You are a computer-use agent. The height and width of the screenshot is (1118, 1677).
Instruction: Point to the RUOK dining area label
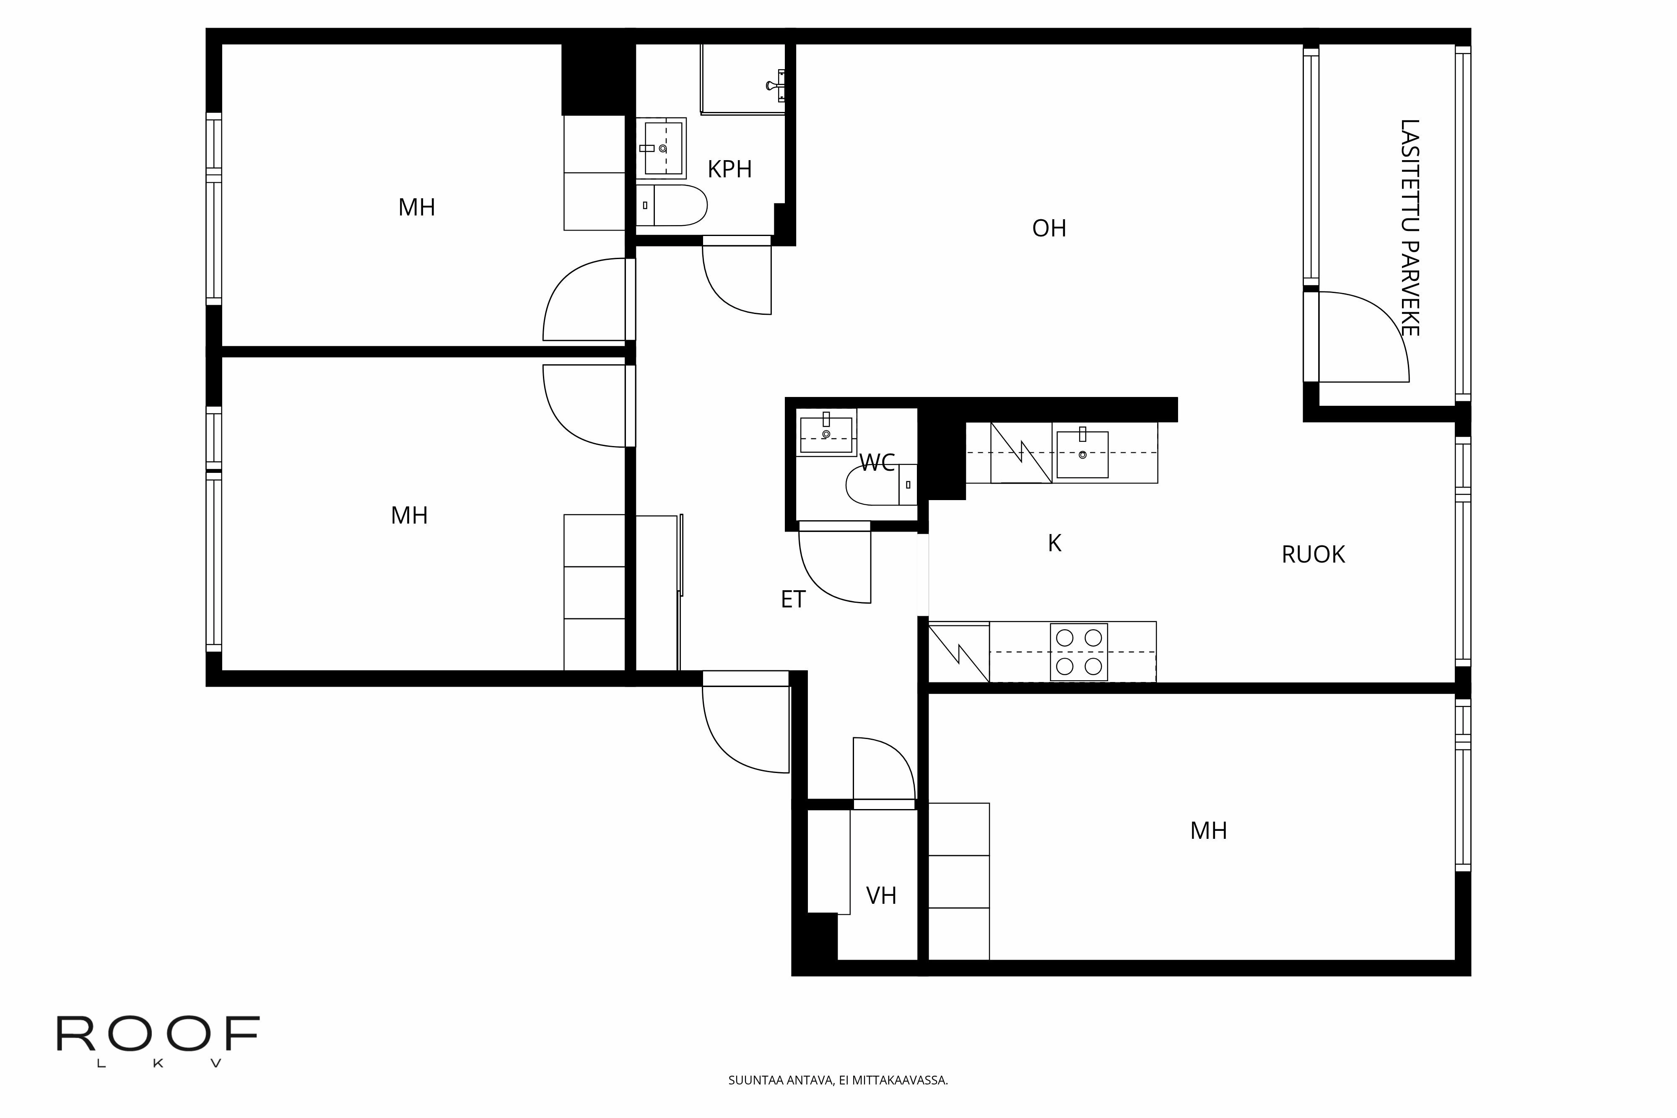coord(1313,555)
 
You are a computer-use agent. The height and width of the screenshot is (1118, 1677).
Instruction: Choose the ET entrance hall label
coord(793,599)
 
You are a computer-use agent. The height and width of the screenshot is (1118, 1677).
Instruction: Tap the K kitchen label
coord(1054,543)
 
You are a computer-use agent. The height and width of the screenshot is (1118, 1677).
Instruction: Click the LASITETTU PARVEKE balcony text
coord(1409,228)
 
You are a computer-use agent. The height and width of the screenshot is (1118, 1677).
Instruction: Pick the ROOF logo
coord(158,1040)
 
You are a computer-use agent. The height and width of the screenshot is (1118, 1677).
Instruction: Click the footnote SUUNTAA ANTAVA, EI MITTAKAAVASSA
coord(838,1080)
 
